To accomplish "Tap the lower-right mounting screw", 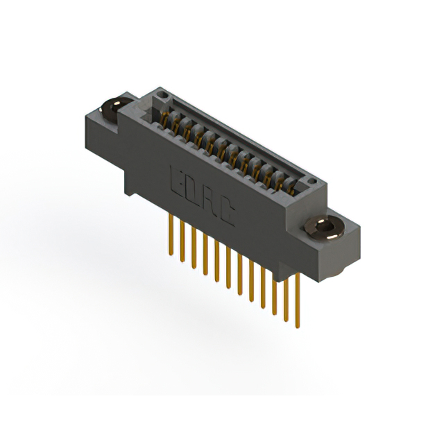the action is (x=325, y=228).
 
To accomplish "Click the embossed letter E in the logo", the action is (x=177, y=182).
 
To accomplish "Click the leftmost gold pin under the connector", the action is (x=171, y=234).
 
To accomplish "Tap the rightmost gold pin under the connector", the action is (x=298, y=300).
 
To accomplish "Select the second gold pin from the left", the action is (x=182, y=241).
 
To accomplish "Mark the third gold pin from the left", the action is (x=194, y=248).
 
